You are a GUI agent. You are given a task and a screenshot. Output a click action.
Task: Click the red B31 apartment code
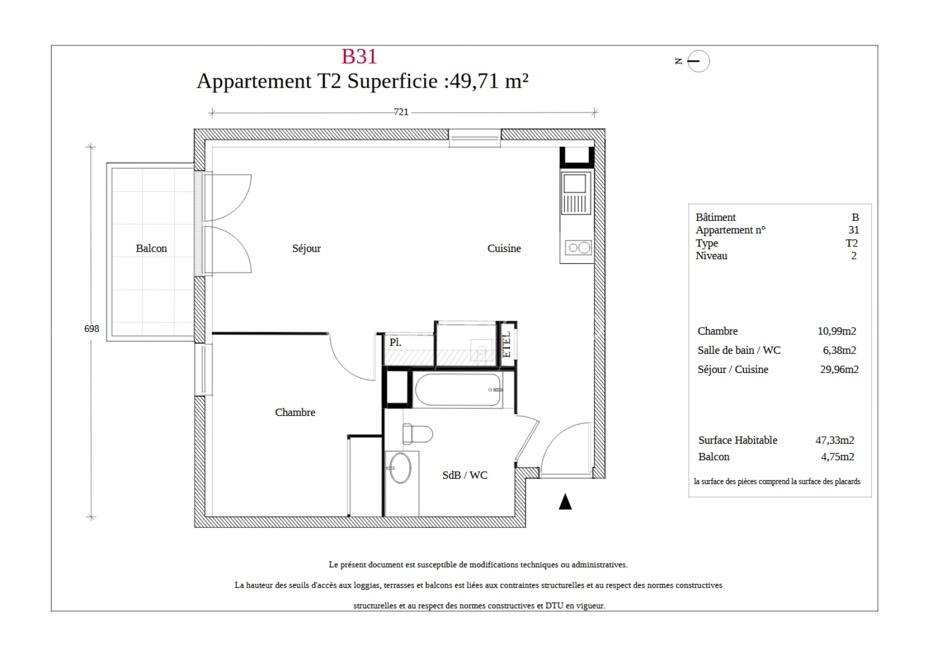click(359, 56)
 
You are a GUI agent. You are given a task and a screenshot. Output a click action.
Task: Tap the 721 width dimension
click(401, 112)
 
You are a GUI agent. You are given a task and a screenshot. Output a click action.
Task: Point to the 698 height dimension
click(92, 329)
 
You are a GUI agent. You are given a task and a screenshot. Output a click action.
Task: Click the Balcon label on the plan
click(151, 248)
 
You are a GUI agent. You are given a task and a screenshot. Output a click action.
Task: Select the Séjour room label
click(307, 249)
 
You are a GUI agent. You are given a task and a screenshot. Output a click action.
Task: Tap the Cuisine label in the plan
click(504, 248)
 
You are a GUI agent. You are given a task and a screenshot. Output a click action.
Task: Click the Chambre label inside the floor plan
click(295, 412)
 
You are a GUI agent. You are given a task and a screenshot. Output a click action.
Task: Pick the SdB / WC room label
click(465, 475)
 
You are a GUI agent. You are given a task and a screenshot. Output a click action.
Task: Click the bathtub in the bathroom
click(458, 390)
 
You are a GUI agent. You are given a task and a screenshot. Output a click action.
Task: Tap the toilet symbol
click(417, 434)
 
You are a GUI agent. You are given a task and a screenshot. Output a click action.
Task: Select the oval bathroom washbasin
click(400, 468)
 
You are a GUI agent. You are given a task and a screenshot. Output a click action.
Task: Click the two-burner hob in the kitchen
click(579, 248)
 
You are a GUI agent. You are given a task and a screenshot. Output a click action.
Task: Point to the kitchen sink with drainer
click(575, 193)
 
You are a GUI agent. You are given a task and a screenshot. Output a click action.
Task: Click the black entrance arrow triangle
click(565, 502)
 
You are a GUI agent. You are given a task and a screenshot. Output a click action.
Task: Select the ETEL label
click(506, 345)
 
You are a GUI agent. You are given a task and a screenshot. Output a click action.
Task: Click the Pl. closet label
click(395, 342)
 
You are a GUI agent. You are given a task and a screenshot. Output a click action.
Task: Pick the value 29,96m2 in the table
click(839, 369)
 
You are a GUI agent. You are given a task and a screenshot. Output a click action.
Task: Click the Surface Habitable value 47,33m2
click(835, 440)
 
